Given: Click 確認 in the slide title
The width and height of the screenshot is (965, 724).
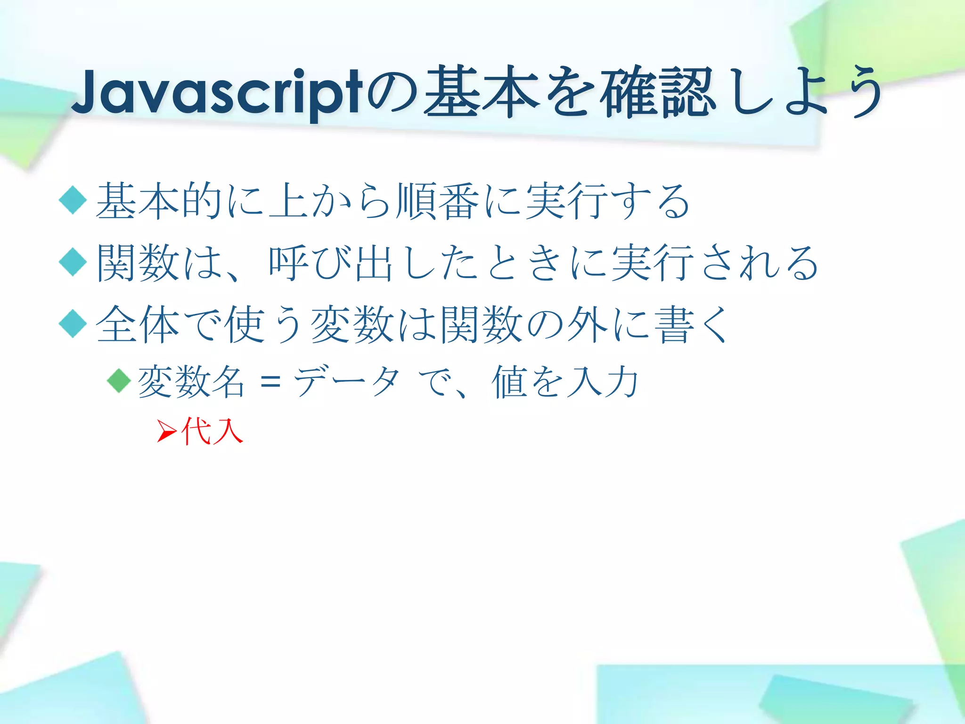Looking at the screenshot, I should click(656, 92).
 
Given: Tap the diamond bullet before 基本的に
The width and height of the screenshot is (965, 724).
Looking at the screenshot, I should click(73, 200).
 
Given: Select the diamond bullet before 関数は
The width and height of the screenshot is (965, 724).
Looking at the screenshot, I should click(73, 262).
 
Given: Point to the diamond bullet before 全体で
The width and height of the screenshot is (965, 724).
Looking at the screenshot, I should click(73, 324).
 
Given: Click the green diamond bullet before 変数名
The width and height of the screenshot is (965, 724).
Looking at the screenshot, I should click(119, 380).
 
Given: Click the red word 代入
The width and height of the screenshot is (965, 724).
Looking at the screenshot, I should click(212, 431).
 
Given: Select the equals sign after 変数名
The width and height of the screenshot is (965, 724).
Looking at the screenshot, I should click(270, 382).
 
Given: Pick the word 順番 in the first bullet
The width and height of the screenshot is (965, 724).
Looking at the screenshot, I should click(438, 201).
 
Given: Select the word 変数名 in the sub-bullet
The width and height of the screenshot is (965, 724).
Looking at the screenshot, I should click(191, 382).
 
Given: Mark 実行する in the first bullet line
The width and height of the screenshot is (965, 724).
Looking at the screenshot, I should click(608, 201).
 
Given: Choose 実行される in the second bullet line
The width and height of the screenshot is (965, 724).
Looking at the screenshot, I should click(714, 263).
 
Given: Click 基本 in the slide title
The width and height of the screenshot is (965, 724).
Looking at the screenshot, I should click(481, 92).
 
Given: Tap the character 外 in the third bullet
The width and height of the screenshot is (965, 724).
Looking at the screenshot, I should click(587, 324).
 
